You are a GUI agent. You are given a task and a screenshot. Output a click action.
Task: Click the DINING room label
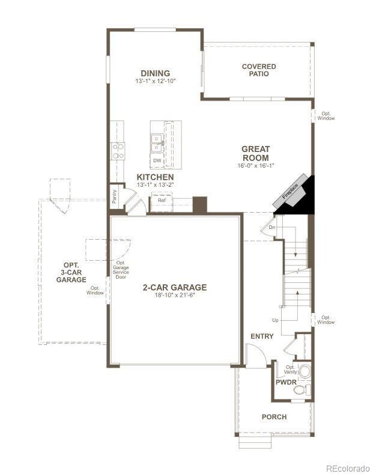[x=155, y=73]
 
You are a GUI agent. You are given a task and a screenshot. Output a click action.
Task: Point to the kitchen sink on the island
[x=157, y=142]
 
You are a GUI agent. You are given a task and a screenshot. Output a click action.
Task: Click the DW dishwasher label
[x=157, y=161]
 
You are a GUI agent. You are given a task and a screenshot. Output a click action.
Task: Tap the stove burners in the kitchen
[x=118, y=150]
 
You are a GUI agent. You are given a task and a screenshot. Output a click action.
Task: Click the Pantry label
[x=114, y=196]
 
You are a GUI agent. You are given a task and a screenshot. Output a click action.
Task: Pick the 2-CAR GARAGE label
[x=174, y=287]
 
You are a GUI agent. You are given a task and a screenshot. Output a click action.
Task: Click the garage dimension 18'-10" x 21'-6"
[x=174, y=295]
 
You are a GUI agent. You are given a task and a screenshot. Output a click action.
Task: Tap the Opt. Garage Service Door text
[x=121, y=270]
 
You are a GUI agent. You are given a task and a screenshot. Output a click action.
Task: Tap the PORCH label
[x=274, y=417]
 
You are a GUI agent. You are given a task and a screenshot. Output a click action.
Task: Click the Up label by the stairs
[x=275, y=320]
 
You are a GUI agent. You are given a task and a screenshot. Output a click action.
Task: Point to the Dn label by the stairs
[x=271, y=227]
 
